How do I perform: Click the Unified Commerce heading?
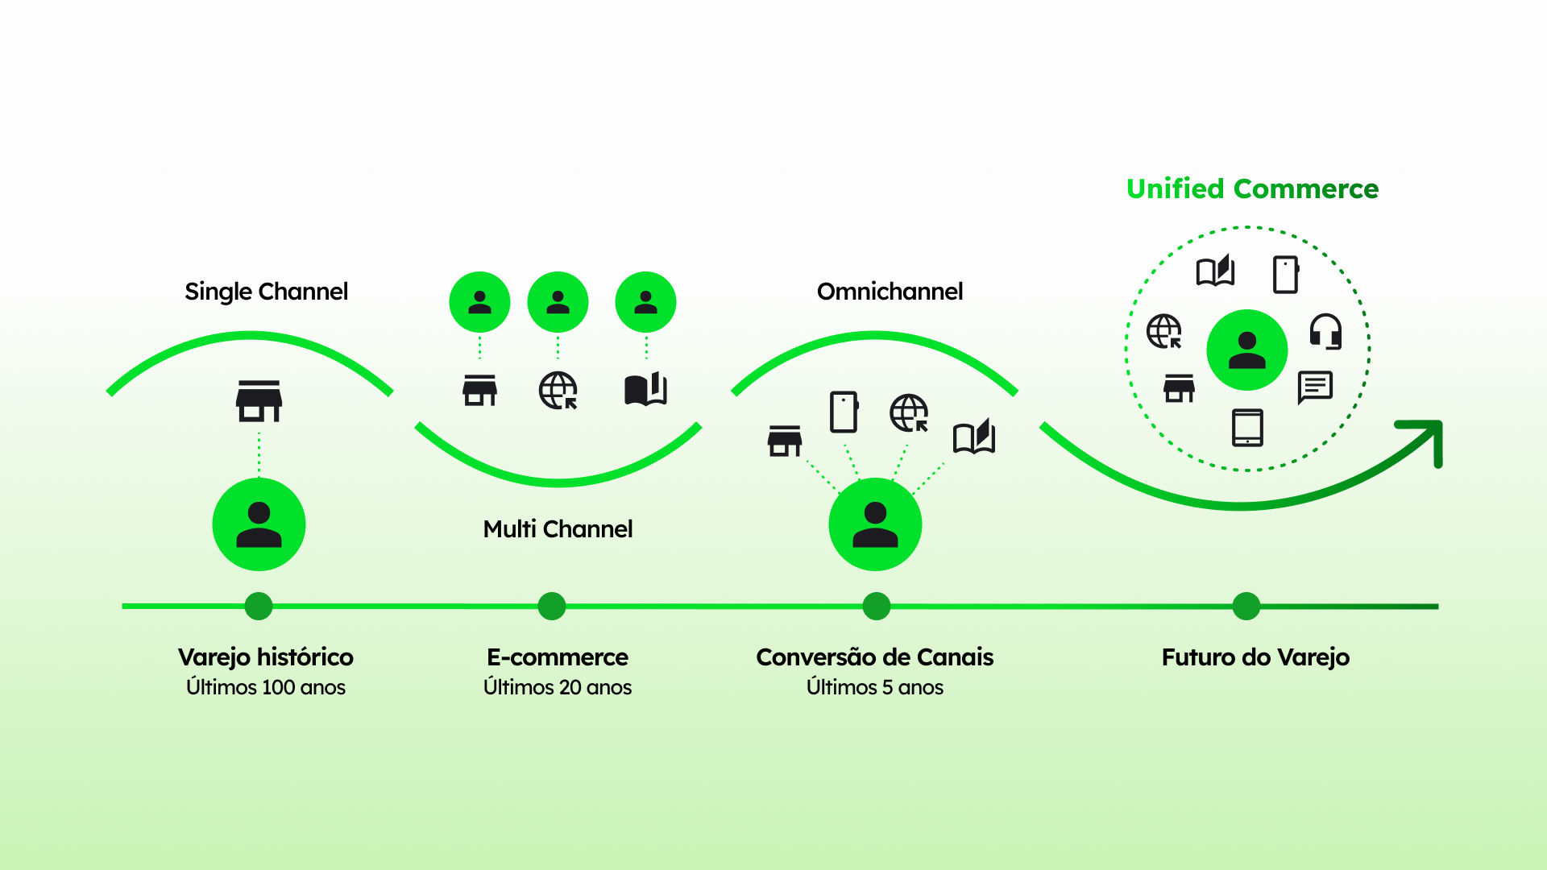point(1252,188)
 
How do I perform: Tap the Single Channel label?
point(266,291)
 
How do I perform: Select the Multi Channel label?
point(558,529)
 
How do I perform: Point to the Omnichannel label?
point(890,291)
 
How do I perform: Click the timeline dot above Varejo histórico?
point(259,606)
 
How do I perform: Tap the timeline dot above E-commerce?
point(552,606)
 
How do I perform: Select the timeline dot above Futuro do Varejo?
point(1246,606)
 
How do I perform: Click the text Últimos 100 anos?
point(266,687)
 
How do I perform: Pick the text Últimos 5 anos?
point(875,687)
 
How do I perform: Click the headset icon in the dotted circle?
point(1325,331)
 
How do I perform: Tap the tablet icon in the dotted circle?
point(1247,427)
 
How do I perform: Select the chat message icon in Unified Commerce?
point(1315,387)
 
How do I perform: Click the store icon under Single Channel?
point(259,401)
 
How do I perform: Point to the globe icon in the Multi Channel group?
point(558,391)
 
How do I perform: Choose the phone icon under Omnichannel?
point(844,412)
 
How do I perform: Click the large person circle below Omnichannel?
point(875,524)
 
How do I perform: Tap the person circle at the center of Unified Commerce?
point(1246,350)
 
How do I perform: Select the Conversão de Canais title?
point(875,657)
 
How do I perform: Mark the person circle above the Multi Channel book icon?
point(645,302)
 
